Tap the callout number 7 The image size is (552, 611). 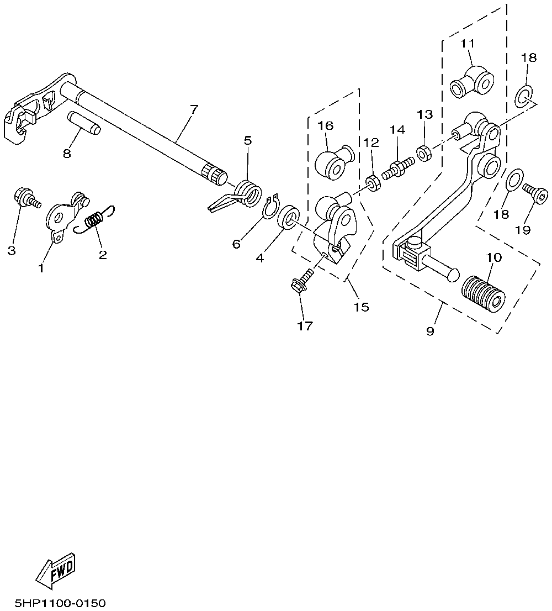tap(193, 109)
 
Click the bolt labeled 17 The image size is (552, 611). tap(301, 281)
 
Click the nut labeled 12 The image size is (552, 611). tap(372, 182)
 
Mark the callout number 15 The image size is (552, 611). tap(362, 306)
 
